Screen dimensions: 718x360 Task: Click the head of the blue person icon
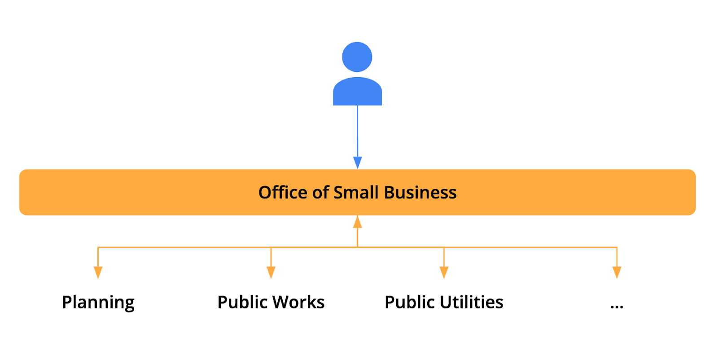pos(357,57)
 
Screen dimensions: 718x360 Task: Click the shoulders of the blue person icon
pos(357,92)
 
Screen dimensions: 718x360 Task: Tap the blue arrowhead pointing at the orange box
pos(358,162)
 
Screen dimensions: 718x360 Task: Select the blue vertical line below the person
pos(358,130)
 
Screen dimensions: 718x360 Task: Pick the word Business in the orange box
pos(420,193)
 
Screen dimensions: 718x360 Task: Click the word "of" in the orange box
pos(321,193)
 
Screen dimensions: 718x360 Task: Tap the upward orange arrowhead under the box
pos(358,222)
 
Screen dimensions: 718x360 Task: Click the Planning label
pos(98,303)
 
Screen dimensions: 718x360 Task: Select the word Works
pos(298,302)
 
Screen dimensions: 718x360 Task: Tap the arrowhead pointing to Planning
pos(98,272)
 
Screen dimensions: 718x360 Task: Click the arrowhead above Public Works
pos(271,272)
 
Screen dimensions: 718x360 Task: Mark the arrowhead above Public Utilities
pos(444,272)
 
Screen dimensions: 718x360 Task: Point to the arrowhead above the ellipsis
pos(617,272)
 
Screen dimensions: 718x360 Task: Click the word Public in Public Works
pos(243,302)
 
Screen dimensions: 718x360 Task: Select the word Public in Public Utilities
pos(410,302)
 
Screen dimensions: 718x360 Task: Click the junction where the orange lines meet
pos(358,247)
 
